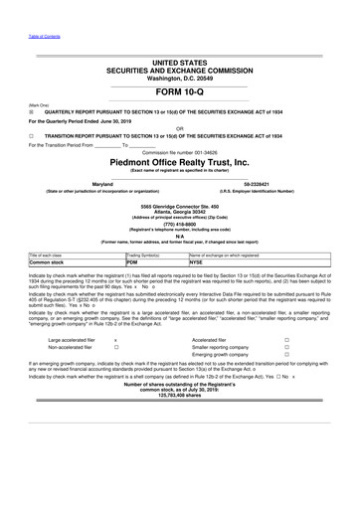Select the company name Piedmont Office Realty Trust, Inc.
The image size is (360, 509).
pyautogui.click(x=180, y=163)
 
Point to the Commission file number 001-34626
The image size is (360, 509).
pyautogui.click(x=180, y=152)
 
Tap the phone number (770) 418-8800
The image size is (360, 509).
pyautogui.click(x=180, y=224)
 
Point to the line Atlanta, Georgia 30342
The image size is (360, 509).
pyautogui.click(x=180, y=209)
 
